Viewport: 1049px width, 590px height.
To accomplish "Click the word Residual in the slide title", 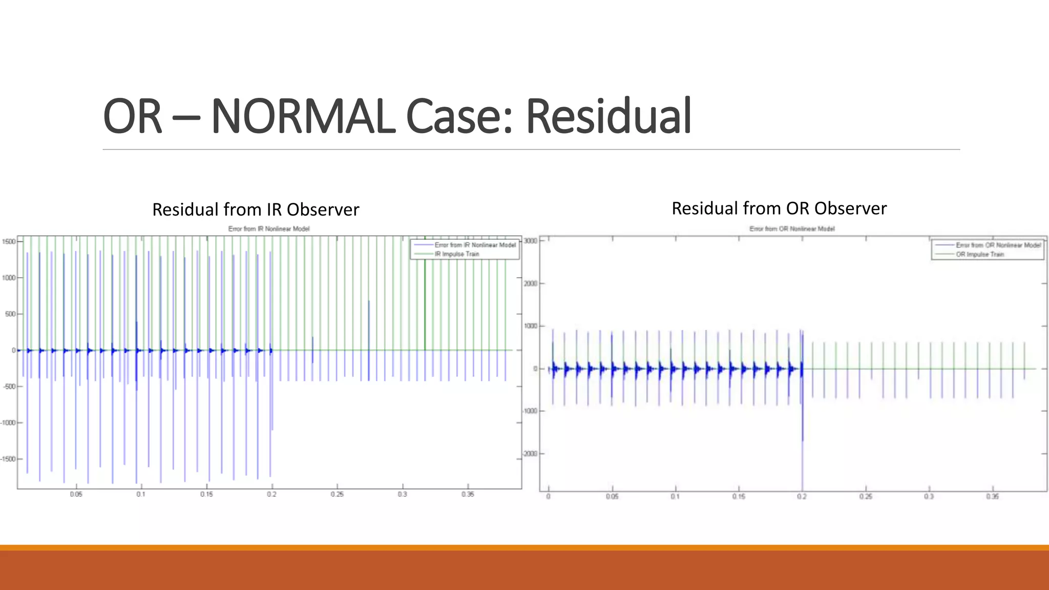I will (x=609, y=117).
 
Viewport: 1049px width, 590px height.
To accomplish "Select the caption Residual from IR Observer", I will (x=256, y=209).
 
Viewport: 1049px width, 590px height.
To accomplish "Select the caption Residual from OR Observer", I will (x=779, y=208).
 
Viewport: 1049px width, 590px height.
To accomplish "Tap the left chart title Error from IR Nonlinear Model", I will (x=269, y=229).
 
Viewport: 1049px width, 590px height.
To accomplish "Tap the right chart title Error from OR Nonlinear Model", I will (x=792, y=229).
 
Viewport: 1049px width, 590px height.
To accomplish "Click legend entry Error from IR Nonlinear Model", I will (x=475, y=245).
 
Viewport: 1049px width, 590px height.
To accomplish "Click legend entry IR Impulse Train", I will (x=457, y=254).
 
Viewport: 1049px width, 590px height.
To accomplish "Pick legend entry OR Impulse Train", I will (x=979, y=254).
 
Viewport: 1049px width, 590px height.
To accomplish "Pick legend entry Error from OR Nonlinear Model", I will (x=998, y=245).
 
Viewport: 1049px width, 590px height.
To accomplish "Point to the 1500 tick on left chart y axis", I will (x=9, y=241).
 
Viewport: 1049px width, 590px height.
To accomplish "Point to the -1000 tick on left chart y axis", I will (x=8, y=423).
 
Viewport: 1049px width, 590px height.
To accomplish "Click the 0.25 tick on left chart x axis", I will (x=337, y=494).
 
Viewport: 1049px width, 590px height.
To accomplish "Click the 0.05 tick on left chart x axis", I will (x=76, y=494).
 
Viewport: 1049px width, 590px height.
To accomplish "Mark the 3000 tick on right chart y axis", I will (x=531, y=241).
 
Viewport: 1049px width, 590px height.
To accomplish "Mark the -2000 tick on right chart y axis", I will (x=530, y=454).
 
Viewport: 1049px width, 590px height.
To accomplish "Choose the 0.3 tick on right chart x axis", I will (x=929, y=497).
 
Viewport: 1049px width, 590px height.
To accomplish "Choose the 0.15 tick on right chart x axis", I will (x=739, y=497).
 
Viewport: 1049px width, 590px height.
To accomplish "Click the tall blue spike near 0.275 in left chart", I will (x=369, y=328).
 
